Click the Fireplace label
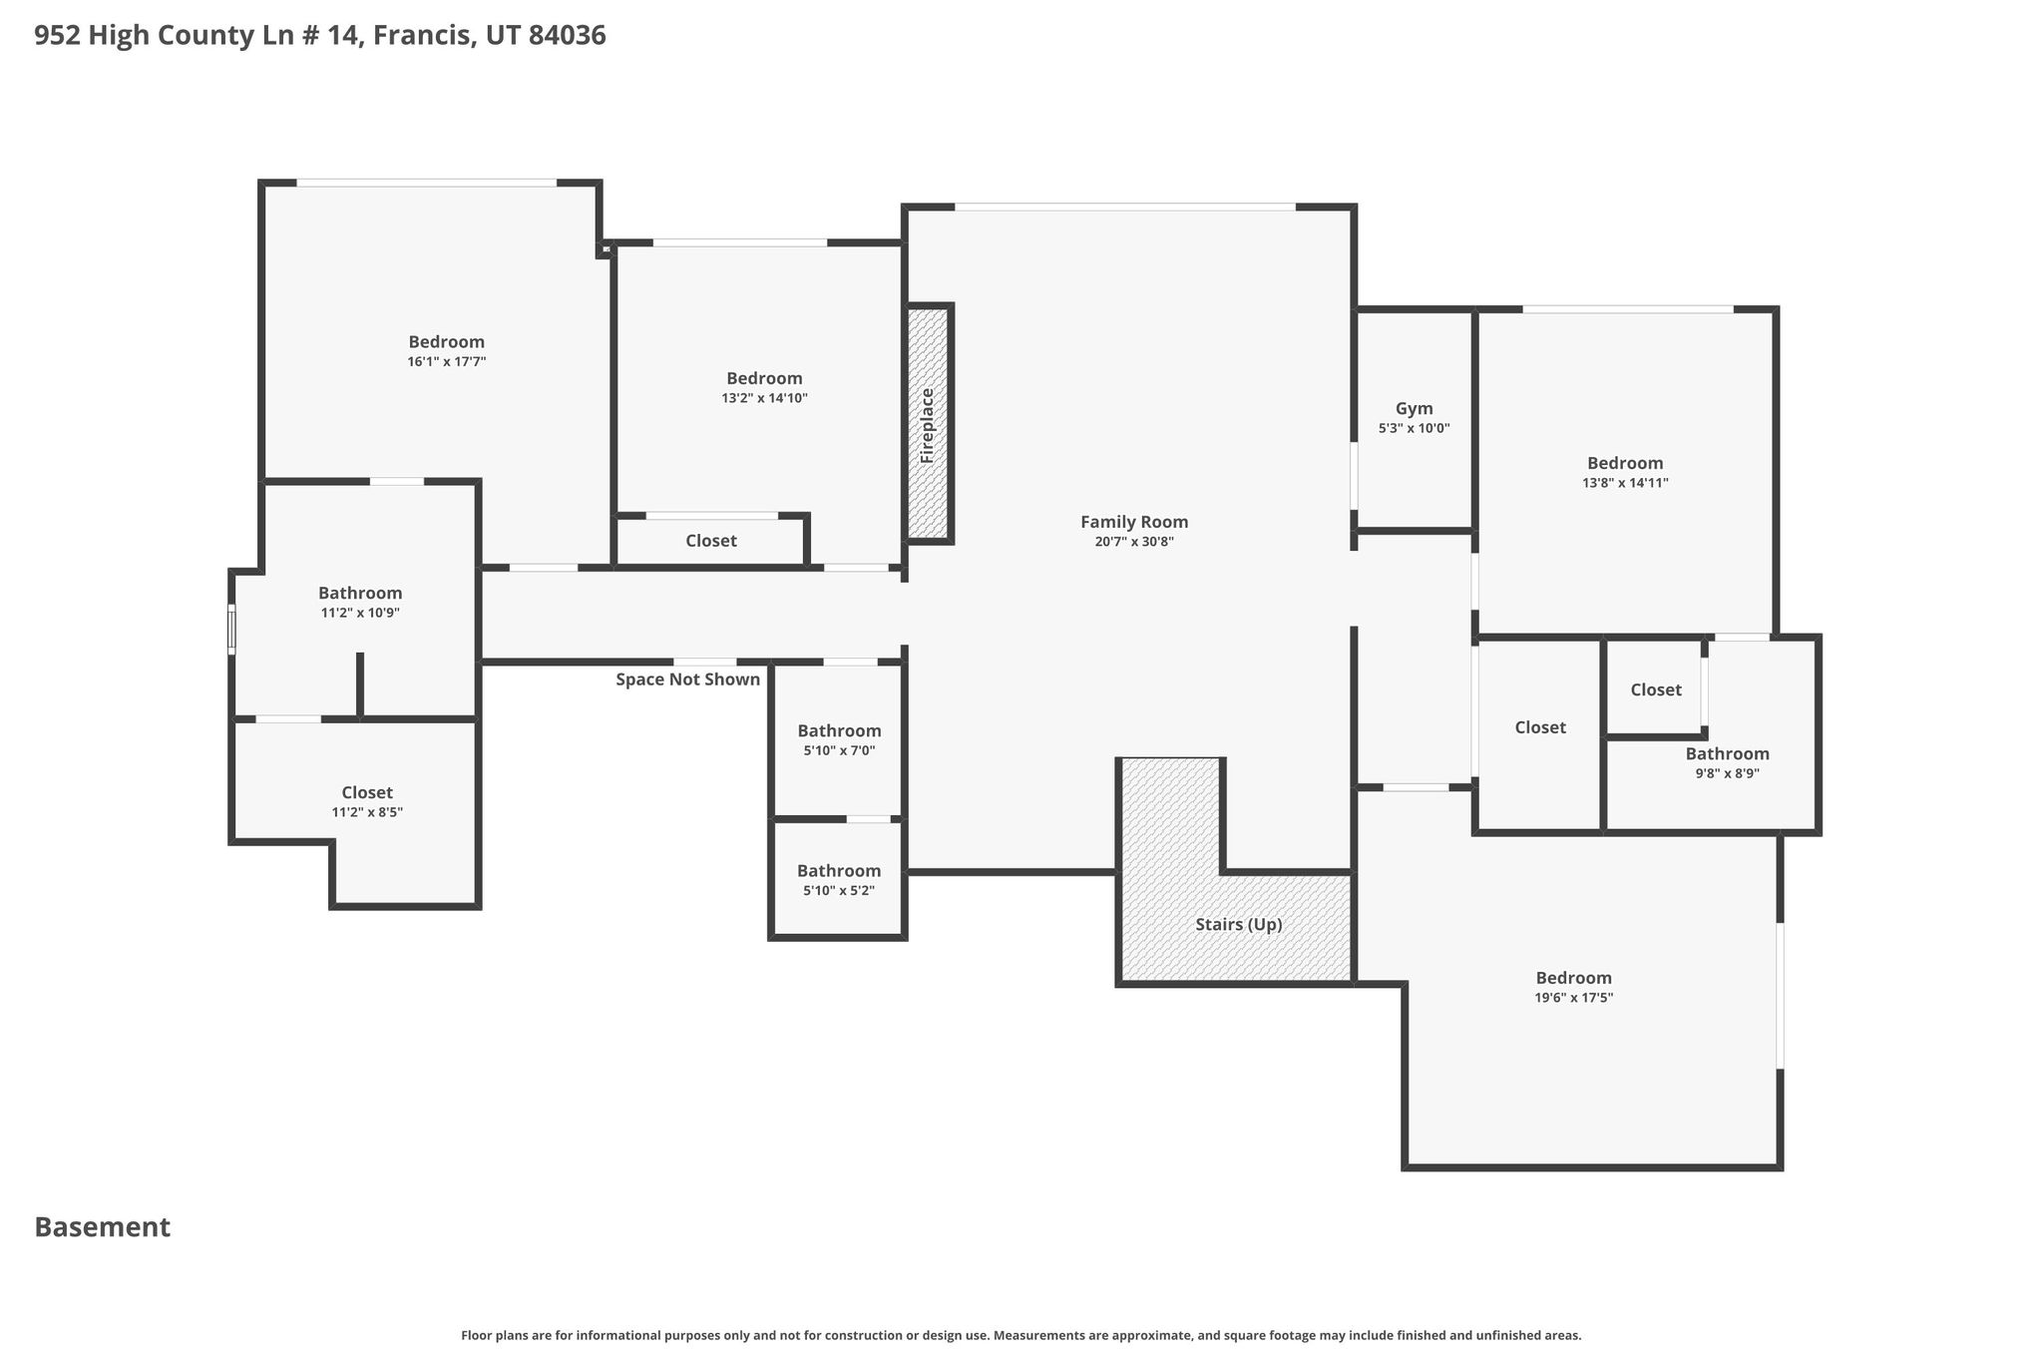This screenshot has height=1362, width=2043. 927,425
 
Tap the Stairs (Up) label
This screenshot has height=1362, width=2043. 1239,925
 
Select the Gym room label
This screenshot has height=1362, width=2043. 1414,408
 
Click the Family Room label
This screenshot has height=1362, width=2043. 1134,522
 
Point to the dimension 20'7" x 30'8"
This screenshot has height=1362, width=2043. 1134,542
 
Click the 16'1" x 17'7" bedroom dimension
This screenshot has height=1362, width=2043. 446,362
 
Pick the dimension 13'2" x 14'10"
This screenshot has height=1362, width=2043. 764,398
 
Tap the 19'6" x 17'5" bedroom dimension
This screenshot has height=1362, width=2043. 1573,998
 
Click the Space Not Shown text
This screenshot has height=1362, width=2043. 687,680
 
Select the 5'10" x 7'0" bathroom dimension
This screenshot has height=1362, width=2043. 839,750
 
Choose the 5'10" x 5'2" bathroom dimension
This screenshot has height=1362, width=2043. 839,891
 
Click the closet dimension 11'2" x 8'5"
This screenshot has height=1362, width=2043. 367,812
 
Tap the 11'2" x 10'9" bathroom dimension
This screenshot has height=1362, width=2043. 360,613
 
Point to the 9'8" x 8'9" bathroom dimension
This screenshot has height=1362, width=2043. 1727,773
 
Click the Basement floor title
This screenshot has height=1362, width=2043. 103,1227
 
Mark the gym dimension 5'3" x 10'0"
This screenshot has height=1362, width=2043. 1414,428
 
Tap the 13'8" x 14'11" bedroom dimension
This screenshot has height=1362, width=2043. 1625,483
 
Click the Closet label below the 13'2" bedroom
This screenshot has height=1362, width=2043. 711,541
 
